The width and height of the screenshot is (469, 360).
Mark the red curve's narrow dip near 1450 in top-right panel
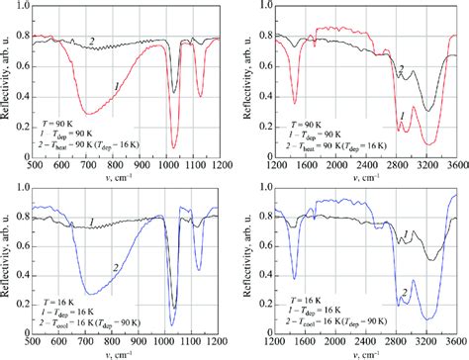pos(295,102)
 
